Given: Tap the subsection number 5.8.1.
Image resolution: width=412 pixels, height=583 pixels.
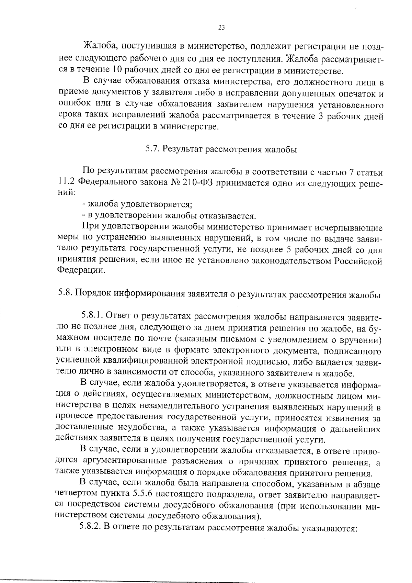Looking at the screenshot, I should click(91, 315).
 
